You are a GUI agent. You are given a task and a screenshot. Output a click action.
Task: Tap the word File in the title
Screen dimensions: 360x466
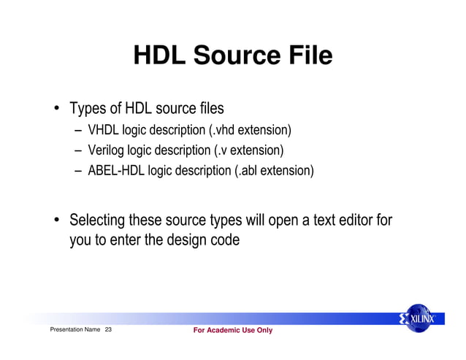click(307, 55)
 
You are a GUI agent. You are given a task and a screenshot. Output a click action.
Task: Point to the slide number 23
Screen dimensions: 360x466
click(109, 331)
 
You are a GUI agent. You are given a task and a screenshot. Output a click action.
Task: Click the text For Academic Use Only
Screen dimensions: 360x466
click(232, 331)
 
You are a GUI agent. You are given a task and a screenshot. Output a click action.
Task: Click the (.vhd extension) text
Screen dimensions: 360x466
click(250, 131)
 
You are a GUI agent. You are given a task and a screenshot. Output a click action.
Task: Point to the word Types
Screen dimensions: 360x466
click(88, 110)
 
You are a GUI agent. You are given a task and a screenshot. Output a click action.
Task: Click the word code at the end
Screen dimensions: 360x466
click(224, 239)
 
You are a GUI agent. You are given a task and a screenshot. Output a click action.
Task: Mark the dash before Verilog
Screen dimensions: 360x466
click(77, 152)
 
